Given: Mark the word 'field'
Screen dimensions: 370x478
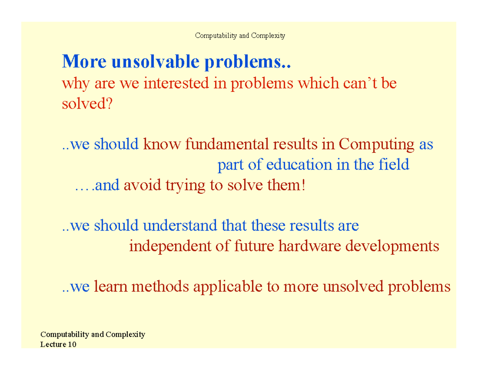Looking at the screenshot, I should (393, 164).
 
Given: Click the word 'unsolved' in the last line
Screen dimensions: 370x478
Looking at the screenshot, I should (351, 286).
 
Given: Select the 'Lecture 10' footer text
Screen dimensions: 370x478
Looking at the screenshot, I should (58, 344).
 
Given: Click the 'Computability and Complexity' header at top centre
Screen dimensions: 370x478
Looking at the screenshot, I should (240, 36).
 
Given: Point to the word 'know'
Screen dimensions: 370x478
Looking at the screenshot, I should (161, 144).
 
